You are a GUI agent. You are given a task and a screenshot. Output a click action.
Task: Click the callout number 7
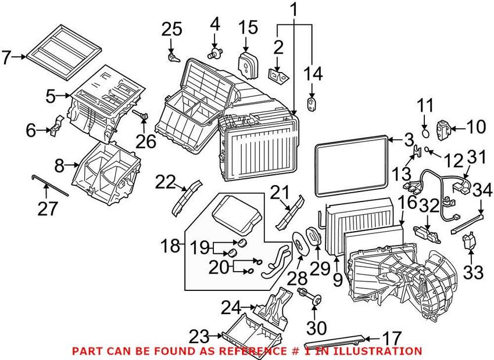click(x=7, y=57)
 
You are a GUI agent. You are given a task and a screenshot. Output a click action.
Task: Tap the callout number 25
click(x=172, y=29)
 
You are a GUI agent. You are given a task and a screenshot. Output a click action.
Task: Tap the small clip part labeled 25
click(x=173, y=57)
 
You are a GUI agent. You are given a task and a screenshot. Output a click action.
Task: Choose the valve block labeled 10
click(x=444, y=127)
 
